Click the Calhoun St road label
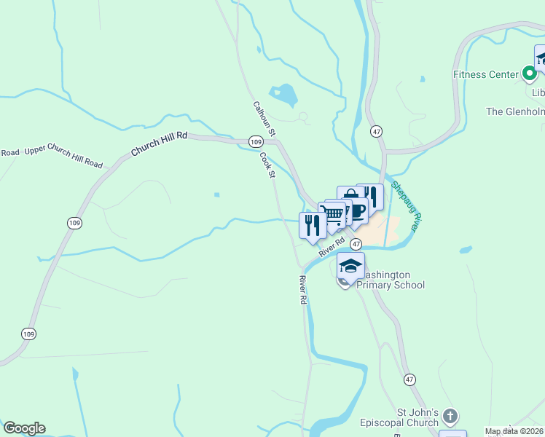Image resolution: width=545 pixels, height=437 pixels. point(263,119)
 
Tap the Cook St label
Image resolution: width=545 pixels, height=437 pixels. point(267,164)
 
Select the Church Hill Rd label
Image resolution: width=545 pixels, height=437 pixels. point(160,143)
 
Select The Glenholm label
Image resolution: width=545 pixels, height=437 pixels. point(515,111)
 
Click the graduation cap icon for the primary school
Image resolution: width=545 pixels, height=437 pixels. point(350,266)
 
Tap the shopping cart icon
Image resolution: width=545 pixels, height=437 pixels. point(333,214)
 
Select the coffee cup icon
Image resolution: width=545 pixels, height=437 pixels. point(356,210)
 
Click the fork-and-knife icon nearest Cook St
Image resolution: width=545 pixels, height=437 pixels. point(313,224)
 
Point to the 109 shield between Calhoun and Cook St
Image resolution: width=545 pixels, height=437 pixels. point(255,141)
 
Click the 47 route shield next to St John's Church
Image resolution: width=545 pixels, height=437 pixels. point(410,380)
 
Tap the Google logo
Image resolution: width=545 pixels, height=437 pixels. point(24,428)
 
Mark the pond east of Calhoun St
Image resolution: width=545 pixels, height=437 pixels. point(283,95)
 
